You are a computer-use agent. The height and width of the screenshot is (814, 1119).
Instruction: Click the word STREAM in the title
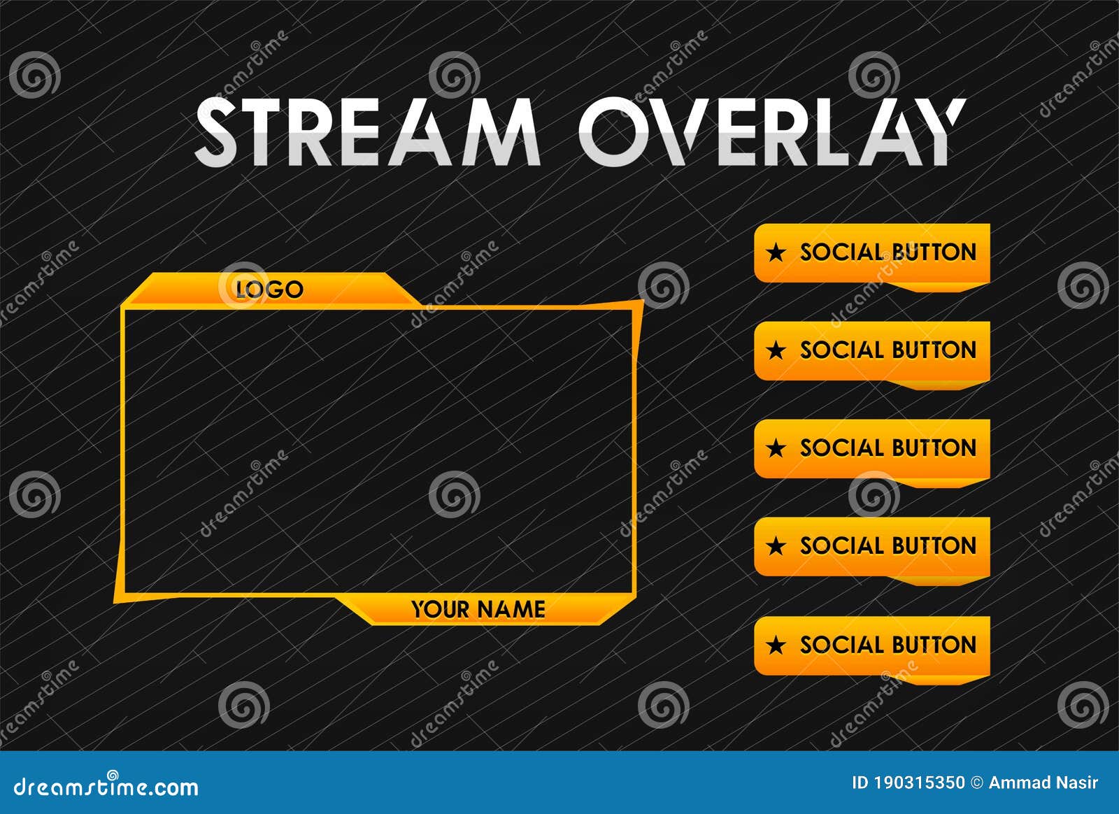[x=367, y=131]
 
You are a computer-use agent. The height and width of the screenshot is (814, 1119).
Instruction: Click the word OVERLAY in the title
[x=772, y=131]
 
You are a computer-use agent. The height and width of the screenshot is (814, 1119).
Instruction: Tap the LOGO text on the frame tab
[x=269, y=290]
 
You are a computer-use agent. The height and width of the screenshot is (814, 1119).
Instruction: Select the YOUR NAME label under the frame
[x=478, y=609]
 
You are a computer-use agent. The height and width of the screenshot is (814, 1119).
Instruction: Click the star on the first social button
[x=776, y=252]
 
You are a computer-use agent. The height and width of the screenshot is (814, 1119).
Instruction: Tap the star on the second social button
[x=776, y=350]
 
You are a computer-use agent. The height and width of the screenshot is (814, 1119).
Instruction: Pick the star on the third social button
[x=776, y=448]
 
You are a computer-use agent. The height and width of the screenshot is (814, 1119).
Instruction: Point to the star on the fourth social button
[x=776, y=546]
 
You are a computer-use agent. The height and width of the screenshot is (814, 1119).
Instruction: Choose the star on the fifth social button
[x=776, y=645]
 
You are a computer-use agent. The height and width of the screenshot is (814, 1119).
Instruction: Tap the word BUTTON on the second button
[x=934, y=350]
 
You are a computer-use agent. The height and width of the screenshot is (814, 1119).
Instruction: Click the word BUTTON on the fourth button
[x=934, y=546]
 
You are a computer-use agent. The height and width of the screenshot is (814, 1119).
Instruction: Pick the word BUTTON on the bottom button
[x=934, y=645]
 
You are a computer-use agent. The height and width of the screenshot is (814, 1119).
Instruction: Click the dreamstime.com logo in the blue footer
[x=106, y=786]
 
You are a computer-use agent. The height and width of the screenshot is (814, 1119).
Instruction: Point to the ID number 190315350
[x=919, y=783]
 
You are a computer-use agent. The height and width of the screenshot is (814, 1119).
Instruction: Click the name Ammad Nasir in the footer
[x=1043, y=783]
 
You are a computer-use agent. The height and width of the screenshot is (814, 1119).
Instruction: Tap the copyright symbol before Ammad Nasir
[x=976, y=783]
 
